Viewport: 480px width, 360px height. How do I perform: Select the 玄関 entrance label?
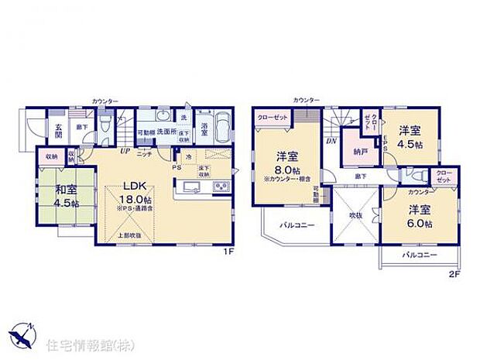click(57, 131)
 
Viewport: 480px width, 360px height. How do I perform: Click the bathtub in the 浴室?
click(221, 126)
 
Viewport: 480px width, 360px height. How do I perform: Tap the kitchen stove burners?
click(219, 188)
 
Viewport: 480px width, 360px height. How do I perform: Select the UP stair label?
click(124, 152)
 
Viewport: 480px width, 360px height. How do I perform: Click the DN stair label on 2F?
click(331, 141)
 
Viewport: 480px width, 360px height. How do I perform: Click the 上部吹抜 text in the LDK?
click(128, 235)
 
